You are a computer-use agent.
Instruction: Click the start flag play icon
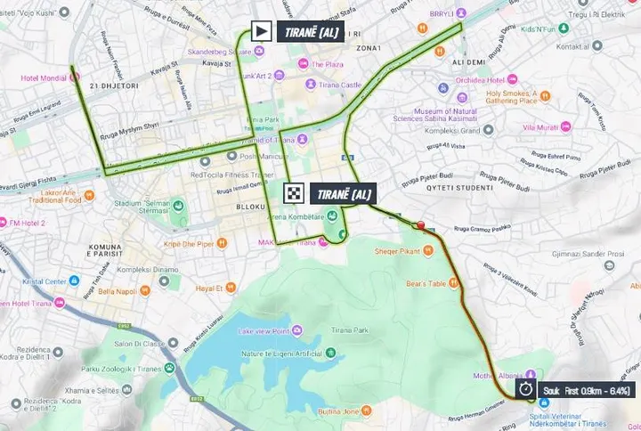[261, 32]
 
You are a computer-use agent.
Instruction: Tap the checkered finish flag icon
[295, 193]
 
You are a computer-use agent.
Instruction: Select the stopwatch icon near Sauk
[527, 389]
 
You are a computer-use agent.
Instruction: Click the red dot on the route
[420, 225]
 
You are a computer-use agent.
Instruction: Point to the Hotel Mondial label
[43, 77]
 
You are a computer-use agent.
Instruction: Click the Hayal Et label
[207, 288]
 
